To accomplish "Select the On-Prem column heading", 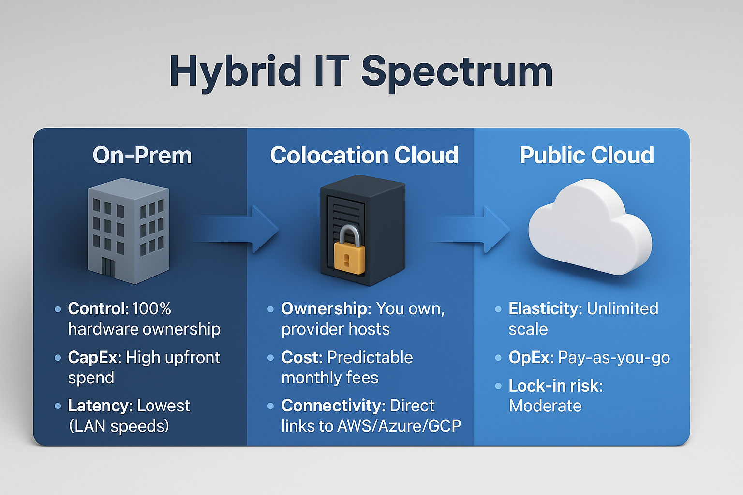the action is (x=142, y=155).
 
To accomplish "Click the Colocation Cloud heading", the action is (x=364, y=155).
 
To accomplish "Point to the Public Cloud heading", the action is (x=587, y=155).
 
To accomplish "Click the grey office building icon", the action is (x=129, y=231).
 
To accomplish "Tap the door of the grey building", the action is (x=108, y=267).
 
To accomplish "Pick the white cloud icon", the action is (x=590, y=227).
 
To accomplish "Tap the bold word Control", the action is (x=99, y=309).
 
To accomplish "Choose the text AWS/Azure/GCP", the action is (x=399, y=426).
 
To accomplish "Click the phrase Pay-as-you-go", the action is (x=614, y=358).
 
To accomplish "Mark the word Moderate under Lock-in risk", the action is (x=545, y=406).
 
